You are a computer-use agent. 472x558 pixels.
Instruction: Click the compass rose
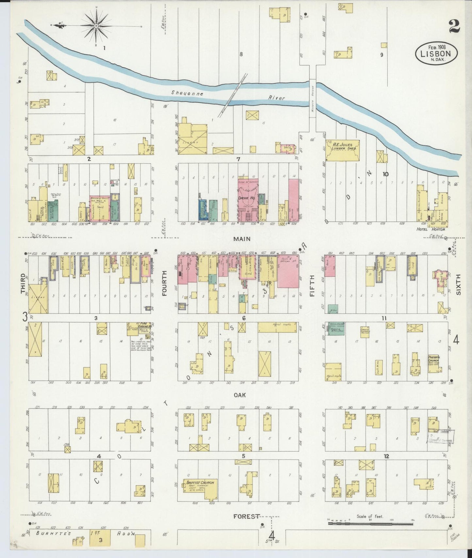[x=97, y=25]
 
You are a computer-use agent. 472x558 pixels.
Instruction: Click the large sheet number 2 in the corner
[x=454, y=26]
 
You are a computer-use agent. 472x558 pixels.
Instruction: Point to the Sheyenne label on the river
[x=187, y=93]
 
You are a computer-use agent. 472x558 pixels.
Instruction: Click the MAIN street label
[x=242, y=239]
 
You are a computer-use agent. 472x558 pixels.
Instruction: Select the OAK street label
[x=239, y=395]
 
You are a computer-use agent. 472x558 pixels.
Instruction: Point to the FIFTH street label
[x=312, y=286]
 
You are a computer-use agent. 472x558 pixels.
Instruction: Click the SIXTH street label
[x=458, y=284]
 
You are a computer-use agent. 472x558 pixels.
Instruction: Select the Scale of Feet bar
[x=370, y=524]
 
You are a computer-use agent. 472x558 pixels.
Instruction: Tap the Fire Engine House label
[x=142, y=326]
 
